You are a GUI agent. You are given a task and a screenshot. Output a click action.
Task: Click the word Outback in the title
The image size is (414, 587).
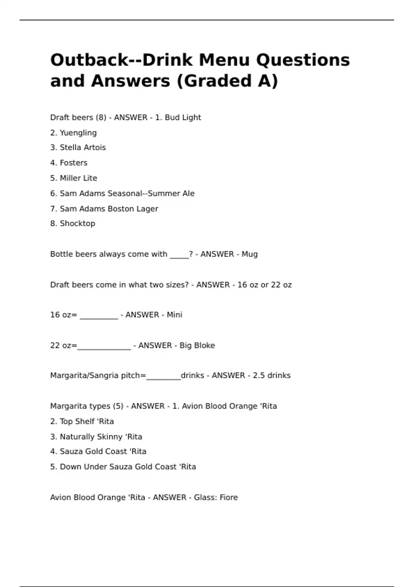tap(89, 60)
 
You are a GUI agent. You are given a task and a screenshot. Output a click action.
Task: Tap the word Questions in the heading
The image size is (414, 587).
tap(303, 60)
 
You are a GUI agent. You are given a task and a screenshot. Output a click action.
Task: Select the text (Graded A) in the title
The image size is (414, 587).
tap(227, 81)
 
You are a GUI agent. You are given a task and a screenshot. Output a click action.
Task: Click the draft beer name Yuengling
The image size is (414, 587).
tap(78, 133)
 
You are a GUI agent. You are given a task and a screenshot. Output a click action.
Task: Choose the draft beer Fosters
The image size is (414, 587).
tap(73, 163)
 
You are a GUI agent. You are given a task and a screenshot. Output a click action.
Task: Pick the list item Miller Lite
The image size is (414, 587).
tap(78, 178)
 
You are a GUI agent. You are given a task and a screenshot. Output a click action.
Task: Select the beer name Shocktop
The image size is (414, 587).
tap(77, 223)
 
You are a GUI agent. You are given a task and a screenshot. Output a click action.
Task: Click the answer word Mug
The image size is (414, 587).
tap(249, 254)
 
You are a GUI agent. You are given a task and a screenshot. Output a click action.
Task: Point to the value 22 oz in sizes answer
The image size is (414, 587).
tap(281, 285)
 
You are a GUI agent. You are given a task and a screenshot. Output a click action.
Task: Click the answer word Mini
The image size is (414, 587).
tap(174, 315)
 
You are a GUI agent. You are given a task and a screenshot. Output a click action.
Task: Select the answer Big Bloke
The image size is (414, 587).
tap(197, 345)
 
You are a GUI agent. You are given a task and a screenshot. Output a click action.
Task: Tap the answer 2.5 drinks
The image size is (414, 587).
tap(272, 375)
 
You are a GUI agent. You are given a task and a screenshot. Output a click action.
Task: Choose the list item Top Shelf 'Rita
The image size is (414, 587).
tap(87, 421)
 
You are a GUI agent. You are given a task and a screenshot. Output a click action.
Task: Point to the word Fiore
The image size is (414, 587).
tap(229, 498)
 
